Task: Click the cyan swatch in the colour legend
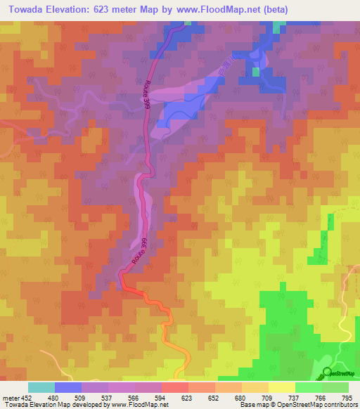41,387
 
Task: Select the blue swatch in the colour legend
67,387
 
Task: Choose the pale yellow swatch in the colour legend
281,387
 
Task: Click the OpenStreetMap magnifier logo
328,372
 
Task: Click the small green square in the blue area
256,71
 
